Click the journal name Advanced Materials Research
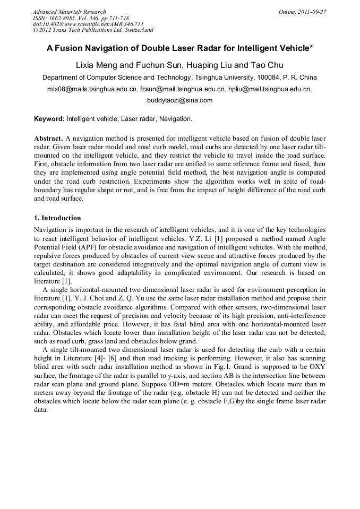pyautogui.click(x=69, y=11)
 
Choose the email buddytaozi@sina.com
pyautogui.click(x=179, y=100)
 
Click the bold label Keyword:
pyautogui.click(x=49, y=119)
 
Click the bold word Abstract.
pyautogui.click(x=48, y=138)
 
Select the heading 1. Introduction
pyautogui.click(x=57, y=218)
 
